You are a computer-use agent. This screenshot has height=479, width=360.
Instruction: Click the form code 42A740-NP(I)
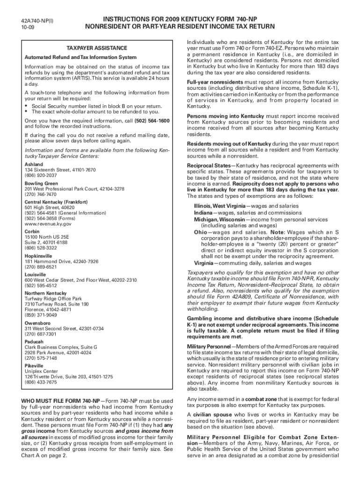[37, 22]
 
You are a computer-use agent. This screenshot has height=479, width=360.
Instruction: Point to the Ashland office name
[34, 165]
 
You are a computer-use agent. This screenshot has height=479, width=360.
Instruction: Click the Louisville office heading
[35, 275]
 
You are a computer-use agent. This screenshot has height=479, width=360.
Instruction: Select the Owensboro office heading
[37, 323]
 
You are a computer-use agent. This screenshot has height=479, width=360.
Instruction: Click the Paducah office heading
[35, 341]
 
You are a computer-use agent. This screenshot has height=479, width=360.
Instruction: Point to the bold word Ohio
[201, 232]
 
